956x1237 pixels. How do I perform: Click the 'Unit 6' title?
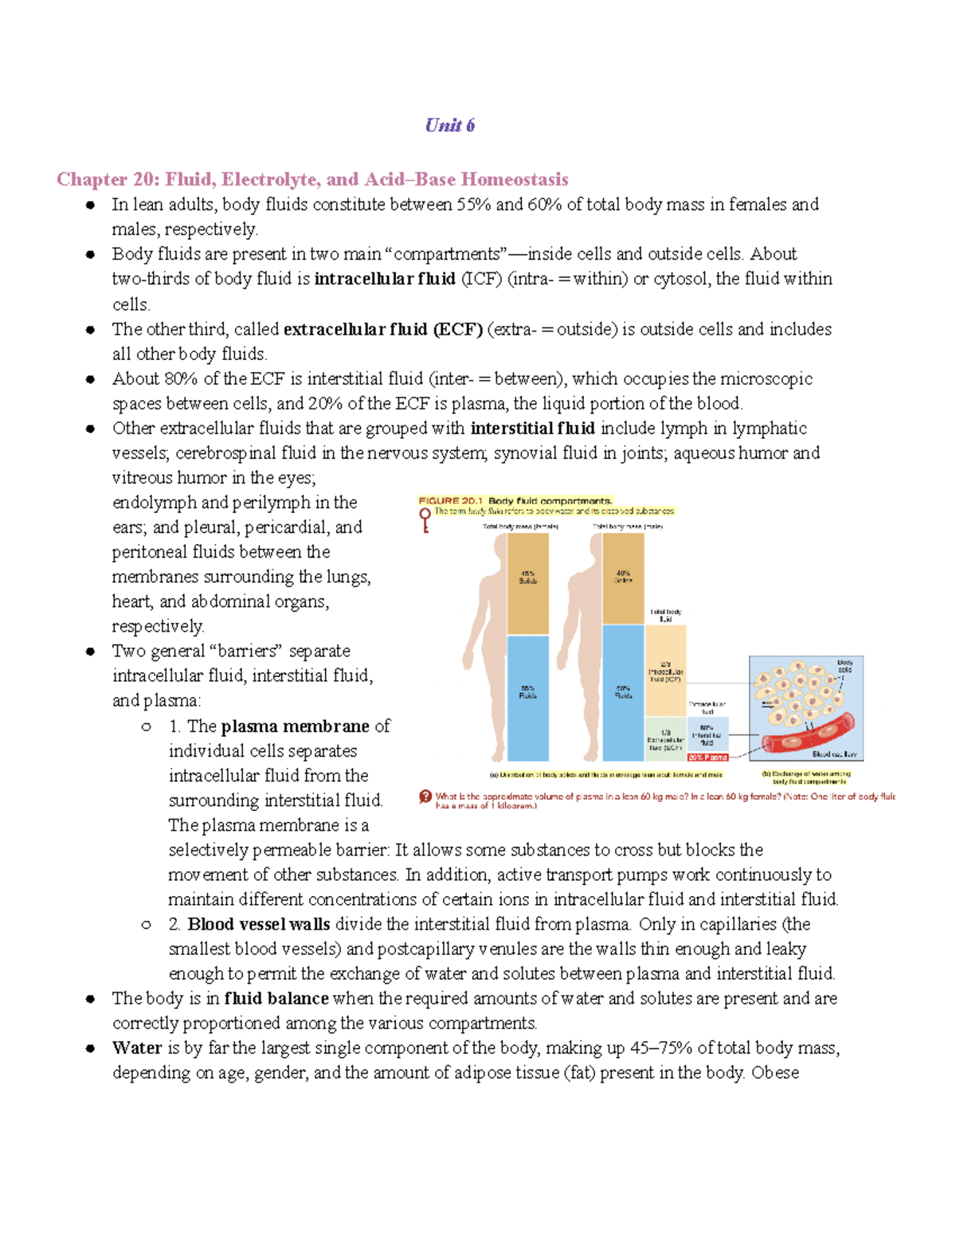tap(450, 125)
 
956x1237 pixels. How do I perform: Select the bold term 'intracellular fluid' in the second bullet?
tap(385, 279)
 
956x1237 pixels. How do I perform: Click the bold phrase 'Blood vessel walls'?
tap(259, 924)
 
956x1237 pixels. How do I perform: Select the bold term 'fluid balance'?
tap(276, 998)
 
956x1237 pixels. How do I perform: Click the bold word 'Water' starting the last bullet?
tap(137, 1047)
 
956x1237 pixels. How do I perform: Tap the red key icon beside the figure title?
tap(425, 519)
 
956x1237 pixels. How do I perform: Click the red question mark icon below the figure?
tap(425, 797)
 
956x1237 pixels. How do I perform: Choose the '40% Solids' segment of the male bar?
tap(623, 577)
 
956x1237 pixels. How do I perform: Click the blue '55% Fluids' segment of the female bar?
tap(527, 697)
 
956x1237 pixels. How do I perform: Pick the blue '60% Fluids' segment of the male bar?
tap(623, 691)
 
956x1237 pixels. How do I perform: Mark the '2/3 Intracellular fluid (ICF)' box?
tap(665, 671)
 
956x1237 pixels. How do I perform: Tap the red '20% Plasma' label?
tap(707, 757)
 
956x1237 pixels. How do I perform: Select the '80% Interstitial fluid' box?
tap(707, 735)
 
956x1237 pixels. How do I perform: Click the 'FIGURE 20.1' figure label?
tap(451, 501)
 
